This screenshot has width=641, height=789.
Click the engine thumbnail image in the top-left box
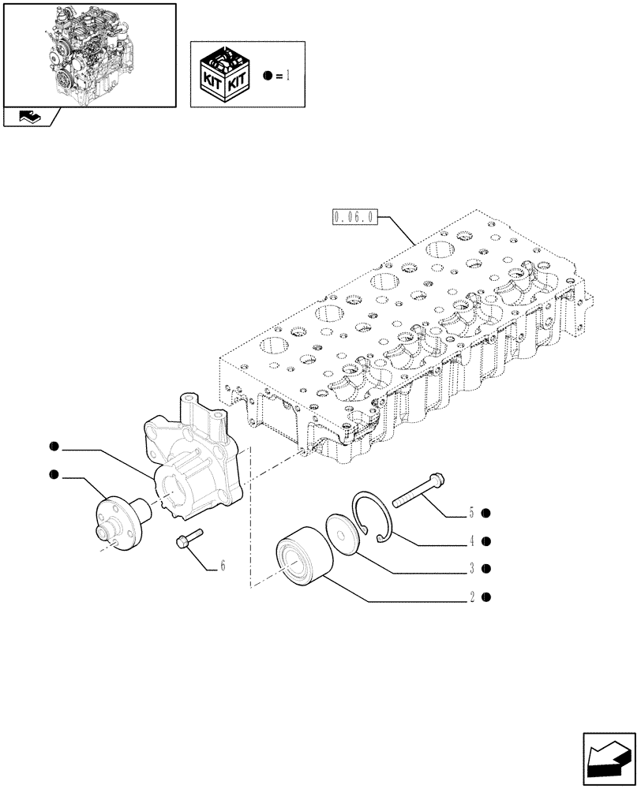click(88, 54)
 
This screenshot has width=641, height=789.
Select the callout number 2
click(471, 597)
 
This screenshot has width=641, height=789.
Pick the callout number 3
click(471, 568)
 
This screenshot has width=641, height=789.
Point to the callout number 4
click(471, 541)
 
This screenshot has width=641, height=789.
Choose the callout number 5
click(471, 514)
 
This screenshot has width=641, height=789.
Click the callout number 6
click(223, 566)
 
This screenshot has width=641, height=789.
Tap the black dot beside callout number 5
click(486, 514)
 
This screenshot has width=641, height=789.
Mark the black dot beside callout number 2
click(486, 597)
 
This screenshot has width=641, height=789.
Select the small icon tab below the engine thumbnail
click(30, 117)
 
